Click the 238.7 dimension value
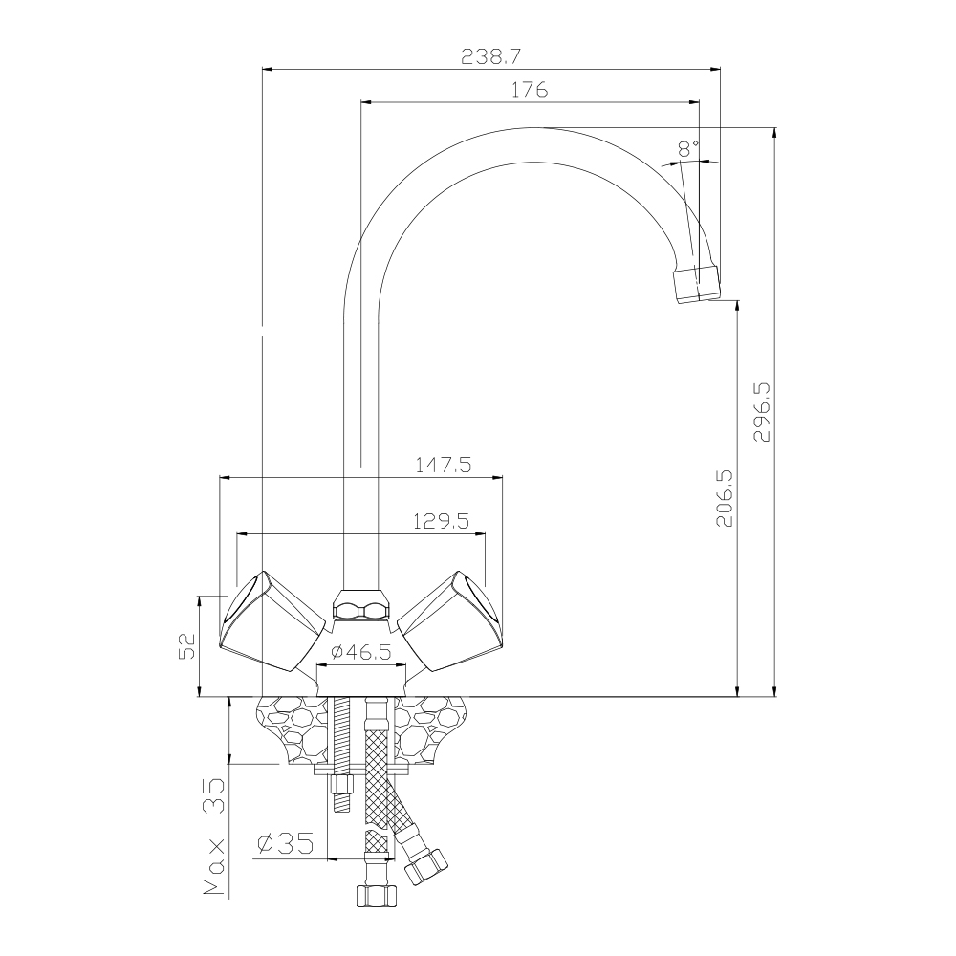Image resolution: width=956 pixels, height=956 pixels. [x=490, y=56]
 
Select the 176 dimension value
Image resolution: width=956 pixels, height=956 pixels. [x=530, y=90]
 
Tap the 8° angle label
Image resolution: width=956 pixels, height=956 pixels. [x=688, y=148]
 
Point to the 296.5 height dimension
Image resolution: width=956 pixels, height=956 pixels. [x=762, y=411]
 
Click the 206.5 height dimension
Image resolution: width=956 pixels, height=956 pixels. [x=725, y=498]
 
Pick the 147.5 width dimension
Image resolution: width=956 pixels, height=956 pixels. [x=444, y=466]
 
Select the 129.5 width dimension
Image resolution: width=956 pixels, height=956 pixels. [x=441, y=521]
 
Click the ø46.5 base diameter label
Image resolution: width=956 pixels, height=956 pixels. [x=361, y=652]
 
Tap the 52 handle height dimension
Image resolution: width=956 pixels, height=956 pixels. [x=186, y=646]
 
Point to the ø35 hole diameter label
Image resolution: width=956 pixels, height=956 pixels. [x=286, y=844]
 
